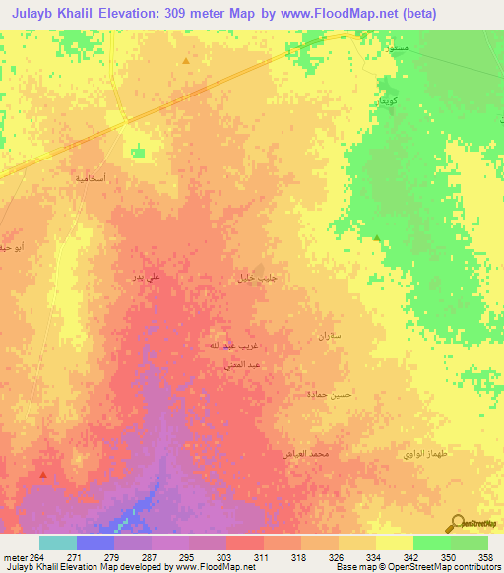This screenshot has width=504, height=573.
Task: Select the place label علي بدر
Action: point(145,279)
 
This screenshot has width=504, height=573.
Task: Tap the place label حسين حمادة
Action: point(326,394)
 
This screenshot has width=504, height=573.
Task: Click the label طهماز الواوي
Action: point(424,453)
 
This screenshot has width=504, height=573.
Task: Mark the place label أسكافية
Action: point(92,178)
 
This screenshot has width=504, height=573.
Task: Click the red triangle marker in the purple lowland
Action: point(42,475)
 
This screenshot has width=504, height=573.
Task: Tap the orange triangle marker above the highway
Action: point(185,61)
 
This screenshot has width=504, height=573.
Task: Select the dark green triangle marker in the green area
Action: point(377,237)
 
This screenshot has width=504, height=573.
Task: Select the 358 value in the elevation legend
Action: point(482,556)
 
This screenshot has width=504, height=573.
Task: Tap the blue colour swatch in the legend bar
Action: point(95,542)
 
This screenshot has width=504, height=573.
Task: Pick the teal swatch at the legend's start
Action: point(58,542)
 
